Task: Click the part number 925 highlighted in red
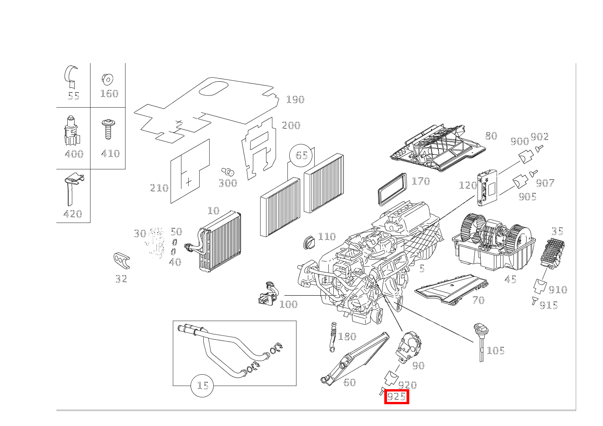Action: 396,396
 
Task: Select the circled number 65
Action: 301,155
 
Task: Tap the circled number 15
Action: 202,386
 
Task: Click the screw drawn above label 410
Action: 108,129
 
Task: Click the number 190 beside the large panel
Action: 295,99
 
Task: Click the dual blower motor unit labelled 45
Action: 493,243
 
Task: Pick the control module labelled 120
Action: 487,186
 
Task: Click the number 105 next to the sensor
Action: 496,351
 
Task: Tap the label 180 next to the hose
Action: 347,337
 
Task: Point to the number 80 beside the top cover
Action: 491,136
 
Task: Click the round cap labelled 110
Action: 310,242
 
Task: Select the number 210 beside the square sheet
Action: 159,188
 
